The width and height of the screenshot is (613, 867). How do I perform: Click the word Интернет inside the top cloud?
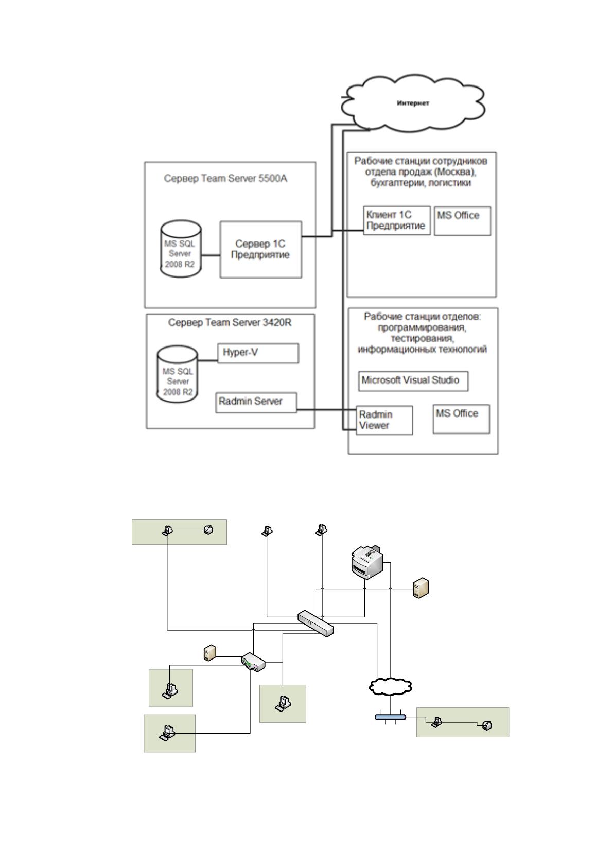pos(413,103)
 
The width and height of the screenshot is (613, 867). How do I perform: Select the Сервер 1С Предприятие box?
pos(261,249)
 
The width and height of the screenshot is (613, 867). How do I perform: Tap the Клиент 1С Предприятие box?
pos(397,220)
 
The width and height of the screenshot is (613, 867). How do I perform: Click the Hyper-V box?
pos(258,353)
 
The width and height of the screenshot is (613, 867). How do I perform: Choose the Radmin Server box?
pos(256,403)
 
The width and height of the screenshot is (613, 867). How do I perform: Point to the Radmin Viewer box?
pos(384,420)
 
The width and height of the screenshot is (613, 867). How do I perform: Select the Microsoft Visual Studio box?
pos(413,381)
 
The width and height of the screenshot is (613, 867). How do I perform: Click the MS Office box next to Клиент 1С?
pos(463,221)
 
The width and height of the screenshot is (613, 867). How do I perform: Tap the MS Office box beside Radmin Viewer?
pos(461,419)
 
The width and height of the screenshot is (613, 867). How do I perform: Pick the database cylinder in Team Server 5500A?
pos(181,249)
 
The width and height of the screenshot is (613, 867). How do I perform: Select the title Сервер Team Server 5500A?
pos(225,179)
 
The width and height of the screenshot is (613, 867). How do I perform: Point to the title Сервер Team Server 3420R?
pos(230,322)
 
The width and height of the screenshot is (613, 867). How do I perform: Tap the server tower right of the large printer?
pos(421,588)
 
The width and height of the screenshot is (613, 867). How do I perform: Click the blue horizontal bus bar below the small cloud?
pos(390,717)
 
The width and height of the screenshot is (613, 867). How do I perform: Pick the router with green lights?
pos(253,662)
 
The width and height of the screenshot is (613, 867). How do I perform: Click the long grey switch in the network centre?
pos(316,623)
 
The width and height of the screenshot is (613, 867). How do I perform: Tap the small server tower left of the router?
pos(210,653)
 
